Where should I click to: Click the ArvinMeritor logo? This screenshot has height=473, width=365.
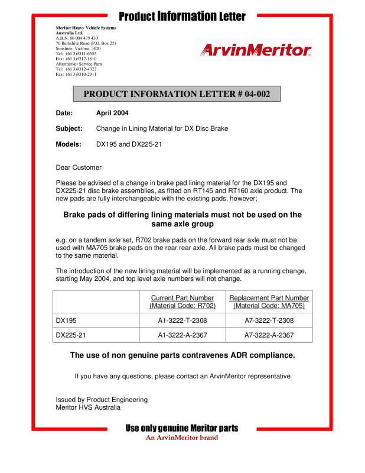pos(257,50)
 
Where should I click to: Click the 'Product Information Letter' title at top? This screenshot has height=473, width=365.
pos(182,15)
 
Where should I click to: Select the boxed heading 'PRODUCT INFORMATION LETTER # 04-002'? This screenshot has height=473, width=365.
pos(177,94)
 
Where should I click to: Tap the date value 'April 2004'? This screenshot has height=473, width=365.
pos(112,113)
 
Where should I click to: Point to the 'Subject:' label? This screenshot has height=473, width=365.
pos(70,128)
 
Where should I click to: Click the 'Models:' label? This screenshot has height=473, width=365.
pos(69,144)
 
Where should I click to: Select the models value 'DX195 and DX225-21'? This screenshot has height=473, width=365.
pos(129,144)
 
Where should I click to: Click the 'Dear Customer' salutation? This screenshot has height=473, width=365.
pos(79,167)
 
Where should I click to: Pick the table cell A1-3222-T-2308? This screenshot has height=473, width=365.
pos(182,320)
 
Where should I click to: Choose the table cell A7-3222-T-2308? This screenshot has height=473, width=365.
pos(269,320)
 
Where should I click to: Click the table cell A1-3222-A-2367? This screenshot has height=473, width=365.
pos(182,335)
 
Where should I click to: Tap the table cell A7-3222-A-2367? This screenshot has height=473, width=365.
pos(269,335)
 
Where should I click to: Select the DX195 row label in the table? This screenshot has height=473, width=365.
pos(66,320)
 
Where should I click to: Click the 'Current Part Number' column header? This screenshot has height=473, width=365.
pos(182,298)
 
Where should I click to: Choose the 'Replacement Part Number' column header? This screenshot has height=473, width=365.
pos(269,298)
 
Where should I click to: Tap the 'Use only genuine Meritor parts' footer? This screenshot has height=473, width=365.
pos(182,428)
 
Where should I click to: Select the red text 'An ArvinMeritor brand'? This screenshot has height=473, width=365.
pos(182,438)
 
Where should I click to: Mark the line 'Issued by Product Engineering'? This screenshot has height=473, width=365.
pos(102,400)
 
